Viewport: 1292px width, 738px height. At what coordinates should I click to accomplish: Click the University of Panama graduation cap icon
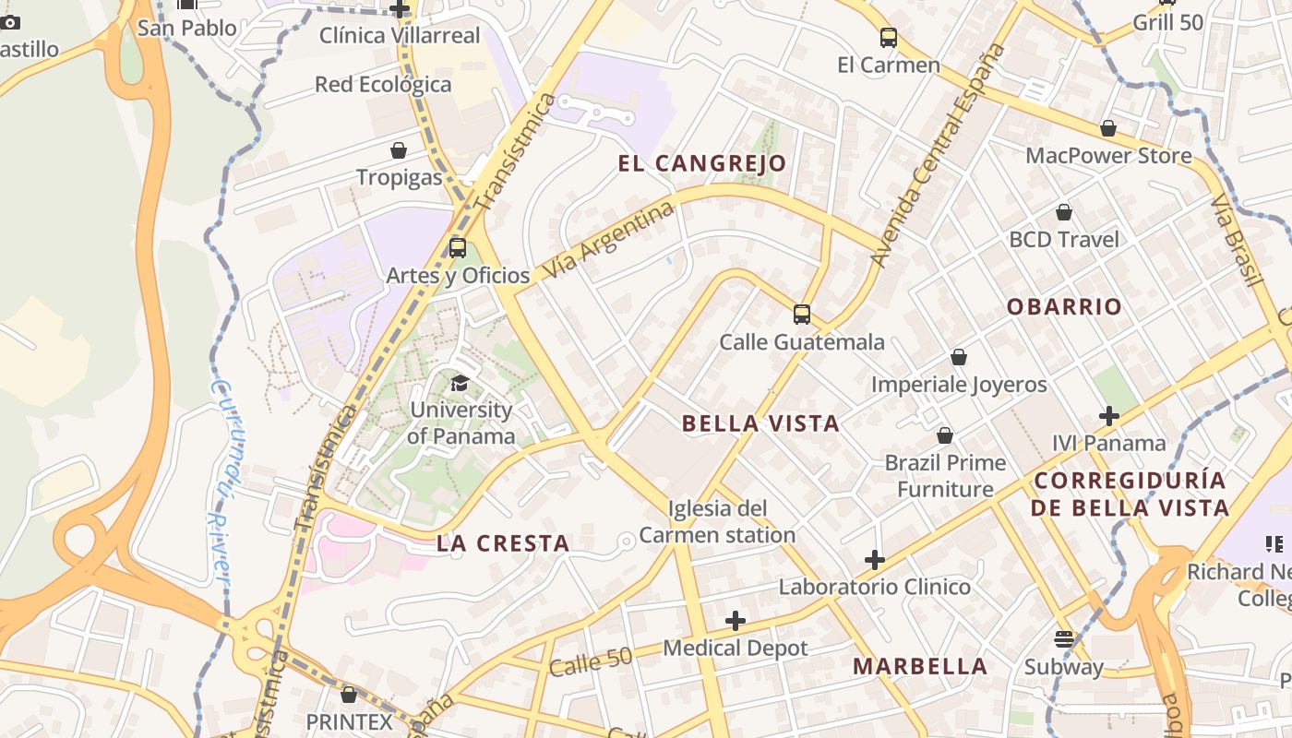coord(460,383)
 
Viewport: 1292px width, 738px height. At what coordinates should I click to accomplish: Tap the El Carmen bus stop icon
coord(889,38)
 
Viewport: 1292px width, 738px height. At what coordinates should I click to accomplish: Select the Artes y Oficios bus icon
coord(458,248)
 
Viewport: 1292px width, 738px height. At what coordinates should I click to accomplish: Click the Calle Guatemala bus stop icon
coord(802,315)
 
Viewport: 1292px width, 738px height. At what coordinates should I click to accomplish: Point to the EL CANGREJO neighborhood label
coord(702,164)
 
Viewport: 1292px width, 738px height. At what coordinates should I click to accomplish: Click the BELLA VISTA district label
coord(760,424)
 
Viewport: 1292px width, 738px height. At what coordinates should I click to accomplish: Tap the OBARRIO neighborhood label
coord(1064,307)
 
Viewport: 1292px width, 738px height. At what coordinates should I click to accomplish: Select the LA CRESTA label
coord(503,543)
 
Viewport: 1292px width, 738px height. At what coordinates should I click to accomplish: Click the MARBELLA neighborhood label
coord(920,666)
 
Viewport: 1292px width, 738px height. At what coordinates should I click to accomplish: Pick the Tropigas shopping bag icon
coord(399,150)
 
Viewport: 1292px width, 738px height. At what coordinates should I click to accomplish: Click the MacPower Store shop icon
coord(1108,128)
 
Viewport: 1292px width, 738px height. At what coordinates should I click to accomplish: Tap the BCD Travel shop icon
coord(1064,212)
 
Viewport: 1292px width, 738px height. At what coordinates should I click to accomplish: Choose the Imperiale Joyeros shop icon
coord(959,357)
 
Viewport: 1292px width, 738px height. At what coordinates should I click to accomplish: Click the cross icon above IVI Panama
coord(1109,416)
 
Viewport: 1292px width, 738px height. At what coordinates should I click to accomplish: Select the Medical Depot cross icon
coord(736,621)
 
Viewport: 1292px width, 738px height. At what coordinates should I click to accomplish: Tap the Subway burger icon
coord(1063,639)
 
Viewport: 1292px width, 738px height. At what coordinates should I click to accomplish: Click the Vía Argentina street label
coord(609,242)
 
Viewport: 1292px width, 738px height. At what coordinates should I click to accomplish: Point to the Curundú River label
coord(220,480)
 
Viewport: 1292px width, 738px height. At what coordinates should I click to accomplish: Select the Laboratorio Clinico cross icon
coord(875,559)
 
